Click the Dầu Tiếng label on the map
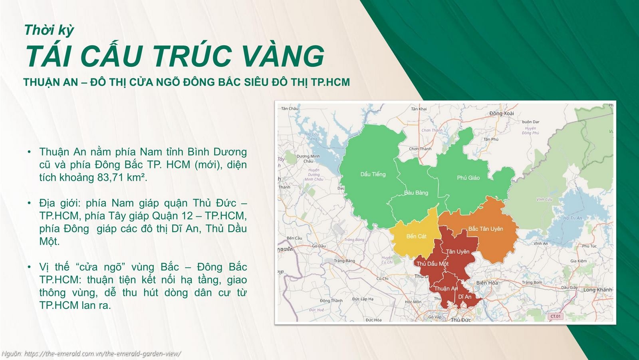373,174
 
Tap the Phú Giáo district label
468,177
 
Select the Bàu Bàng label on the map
416,193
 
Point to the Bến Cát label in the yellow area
416,236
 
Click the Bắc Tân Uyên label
485,229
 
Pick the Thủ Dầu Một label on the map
432,264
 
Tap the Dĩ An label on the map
464,297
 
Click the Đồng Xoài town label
502,114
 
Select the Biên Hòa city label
487,283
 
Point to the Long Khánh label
597,290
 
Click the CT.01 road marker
555,316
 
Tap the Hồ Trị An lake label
572,218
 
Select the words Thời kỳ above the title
49,30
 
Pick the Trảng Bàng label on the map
344,261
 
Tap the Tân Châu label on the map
290,108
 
